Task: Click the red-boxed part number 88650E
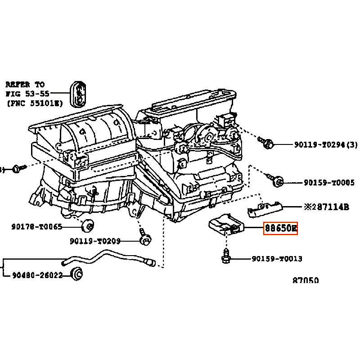point(280,229)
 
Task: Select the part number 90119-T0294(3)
point(326,144)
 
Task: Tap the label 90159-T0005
point(329,183)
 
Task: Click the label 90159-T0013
point(276,259)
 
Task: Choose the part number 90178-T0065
point(36,227)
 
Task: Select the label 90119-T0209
point(95,241)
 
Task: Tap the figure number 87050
point(306,280)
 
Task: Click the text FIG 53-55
point(27,94)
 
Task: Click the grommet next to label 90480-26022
point(78,273)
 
